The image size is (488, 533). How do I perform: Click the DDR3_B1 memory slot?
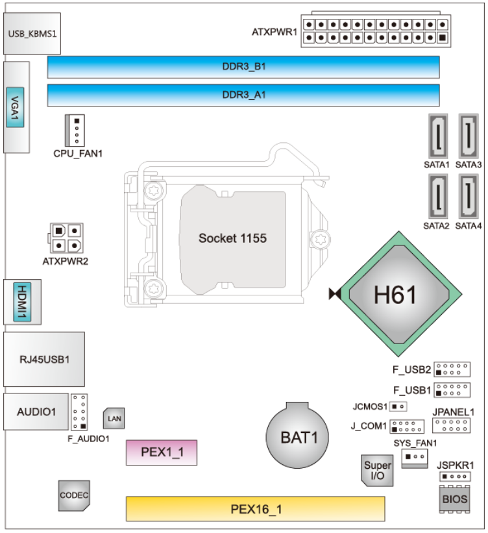tap(243, 67)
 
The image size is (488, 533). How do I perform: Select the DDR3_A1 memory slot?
tap(243, 95)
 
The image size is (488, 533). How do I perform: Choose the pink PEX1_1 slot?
tap(161, 452)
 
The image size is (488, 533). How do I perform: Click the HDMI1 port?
tap(23, 302)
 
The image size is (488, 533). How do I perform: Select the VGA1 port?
tap(16, 107)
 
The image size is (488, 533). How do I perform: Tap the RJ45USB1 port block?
tap(43, 359)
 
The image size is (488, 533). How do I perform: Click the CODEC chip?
tap(73, 496)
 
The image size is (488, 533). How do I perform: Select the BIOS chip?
tap(454, 499)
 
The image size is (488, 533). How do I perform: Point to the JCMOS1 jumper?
tap(398, 407)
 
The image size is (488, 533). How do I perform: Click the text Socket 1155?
tap(232, 238)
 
